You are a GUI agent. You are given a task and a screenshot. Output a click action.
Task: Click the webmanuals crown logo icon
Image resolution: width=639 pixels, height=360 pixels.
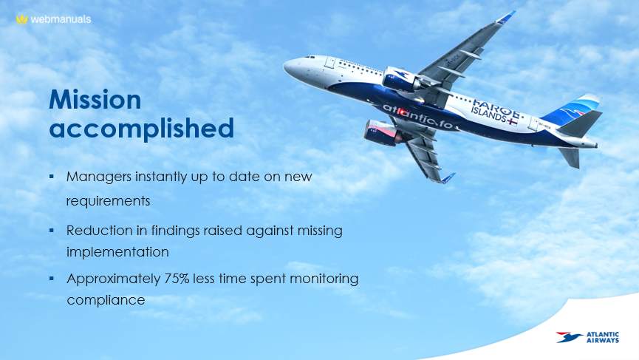point(21,19)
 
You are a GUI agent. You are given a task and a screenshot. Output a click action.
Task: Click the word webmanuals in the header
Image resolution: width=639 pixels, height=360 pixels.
point(61,19)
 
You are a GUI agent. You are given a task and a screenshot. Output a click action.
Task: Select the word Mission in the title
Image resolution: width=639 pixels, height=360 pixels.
point(95,99)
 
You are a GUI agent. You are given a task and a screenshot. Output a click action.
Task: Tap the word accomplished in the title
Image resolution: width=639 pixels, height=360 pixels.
point(141,128)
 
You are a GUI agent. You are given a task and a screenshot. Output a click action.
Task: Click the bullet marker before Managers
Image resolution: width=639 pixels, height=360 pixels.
point(52,177)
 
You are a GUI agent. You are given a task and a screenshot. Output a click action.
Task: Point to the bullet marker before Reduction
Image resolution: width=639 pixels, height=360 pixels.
point(52,231)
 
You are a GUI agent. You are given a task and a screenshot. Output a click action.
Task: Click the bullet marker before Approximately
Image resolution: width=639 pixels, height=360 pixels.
point(52,279)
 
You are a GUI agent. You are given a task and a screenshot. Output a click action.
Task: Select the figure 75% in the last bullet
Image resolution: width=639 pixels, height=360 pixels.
point(177,279)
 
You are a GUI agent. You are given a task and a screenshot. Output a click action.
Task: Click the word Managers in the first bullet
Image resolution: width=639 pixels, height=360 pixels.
point(99,177)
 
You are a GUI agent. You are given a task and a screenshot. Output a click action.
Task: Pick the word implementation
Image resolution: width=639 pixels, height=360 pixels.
point(117,252)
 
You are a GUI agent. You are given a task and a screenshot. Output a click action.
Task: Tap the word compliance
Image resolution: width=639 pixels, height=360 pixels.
point(106,300)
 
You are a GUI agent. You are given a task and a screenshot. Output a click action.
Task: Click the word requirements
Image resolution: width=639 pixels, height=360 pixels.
point(108,201)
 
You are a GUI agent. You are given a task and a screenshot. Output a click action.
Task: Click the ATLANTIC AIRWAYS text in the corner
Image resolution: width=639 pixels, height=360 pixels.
point(602,338)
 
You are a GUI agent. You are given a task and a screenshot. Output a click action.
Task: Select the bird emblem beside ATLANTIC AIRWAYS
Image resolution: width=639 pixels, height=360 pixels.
point(569,337)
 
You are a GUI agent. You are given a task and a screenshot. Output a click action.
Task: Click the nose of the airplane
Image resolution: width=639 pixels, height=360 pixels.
point(285,66)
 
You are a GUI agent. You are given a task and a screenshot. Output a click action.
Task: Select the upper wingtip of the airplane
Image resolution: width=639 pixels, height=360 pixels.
point(507,17)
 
